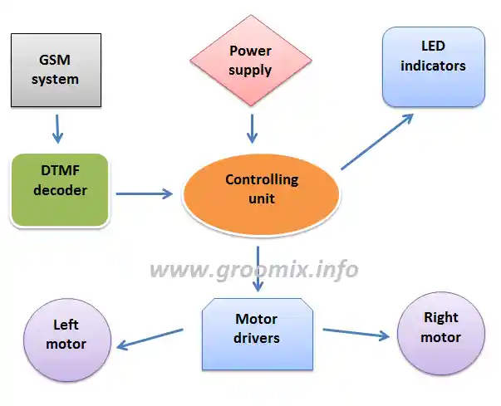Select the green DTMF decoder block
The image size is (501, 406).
60,191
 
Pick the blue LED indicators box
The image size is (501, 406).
433,66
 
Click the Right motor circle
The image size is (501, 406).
440,328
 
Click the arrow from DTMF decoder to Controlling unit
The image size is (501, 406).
144,194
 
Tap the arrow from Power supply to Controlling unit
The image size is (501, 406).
251,128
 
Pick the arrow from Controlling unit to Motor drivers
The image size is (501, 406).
258,268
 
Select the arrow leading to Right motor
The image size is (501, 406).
356,334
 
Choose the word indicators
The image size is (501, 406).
433,66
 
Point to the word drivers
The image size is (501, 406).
257,338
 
